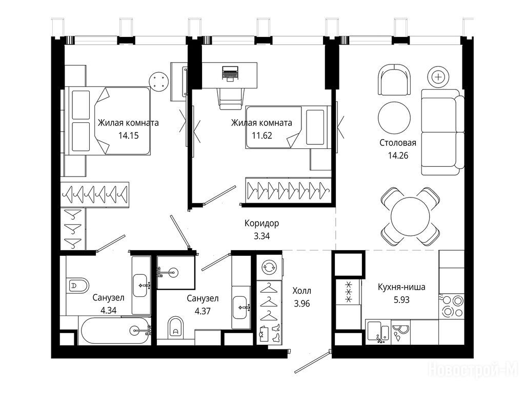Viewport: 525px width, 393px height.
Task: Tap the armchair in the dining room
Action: tap(394, 80)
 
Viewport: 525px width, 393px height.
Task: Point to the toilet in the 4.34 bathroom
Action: tap(77, 286)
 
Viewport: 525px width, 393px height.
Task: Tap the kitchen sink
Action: tap(378, 331)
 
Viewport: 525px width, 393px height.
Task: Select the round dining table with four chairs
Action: tap(410, 216)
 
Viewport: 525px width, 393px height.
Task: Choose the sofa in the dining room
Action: tap(442, 132)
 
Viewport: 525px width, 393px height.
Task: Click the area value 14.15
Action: tap(128, 136)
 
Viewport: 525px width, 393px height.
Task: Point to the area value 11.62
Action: tap(262, 136)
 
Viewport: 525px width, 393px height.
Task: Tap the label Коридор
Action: tap(261, 223)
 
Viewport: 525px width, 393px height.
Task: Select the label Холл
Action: tap(301, 291)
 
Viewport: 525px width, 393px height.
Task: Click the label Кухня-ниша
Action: tap(401, 287)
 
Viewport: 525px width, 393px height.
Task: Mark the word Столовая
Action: tap(398, 143)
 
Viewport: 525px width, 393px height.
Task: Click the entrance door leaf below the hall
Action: tap(312, 361)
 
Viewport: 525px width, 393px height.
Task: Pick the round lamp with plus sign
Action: tap(438, 77)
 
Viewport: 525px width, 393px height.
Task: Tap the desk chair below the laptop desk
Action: tap(231, 98)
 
